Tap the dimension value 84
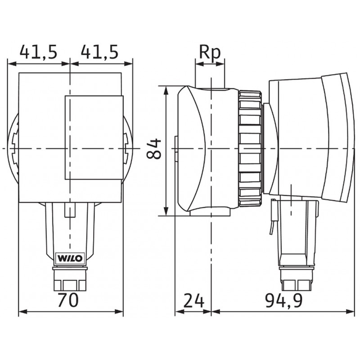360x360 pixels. pyautogui.click(x=155, y=149)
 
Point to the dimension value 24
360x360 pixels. pyautogui.click(x=193, y=299)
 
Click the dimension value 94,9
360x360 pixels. pyautogui.click(x=282, y=299)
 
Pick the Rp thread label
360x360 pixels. pyautogui.click(x=210, y=53)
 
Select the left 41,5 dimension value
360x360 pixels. pyautogui.click(x=38, y=53)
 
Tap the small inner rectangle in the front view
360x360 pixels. pyautogui.click(x=94, y=137)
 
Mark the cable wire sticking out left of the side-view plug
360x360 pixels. pyautogui.click(x=271, y=220)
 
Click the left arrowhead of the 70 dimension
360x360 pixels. pyautogui.click(x=20, y=311)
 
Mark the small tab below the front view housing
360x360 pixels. pyautogui.click(x=70, y=210)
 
